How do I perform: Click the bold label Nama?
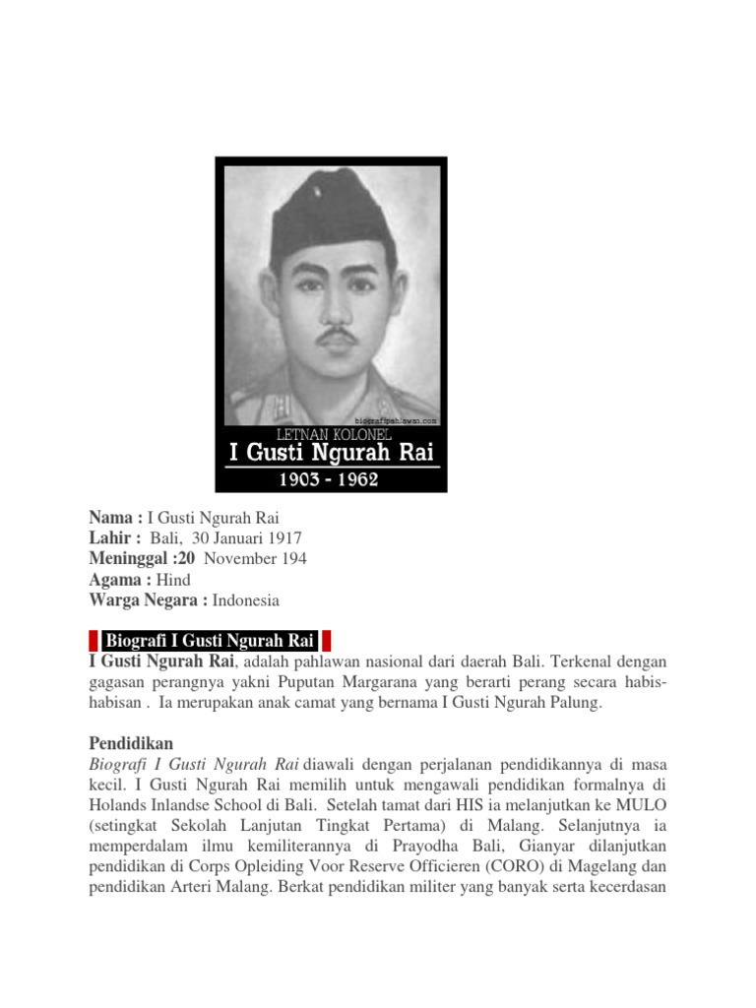pyautogui.click(x=112, y=518)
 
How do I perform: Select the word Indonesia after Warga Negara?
pyautogui.click(x=246, y=600)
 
